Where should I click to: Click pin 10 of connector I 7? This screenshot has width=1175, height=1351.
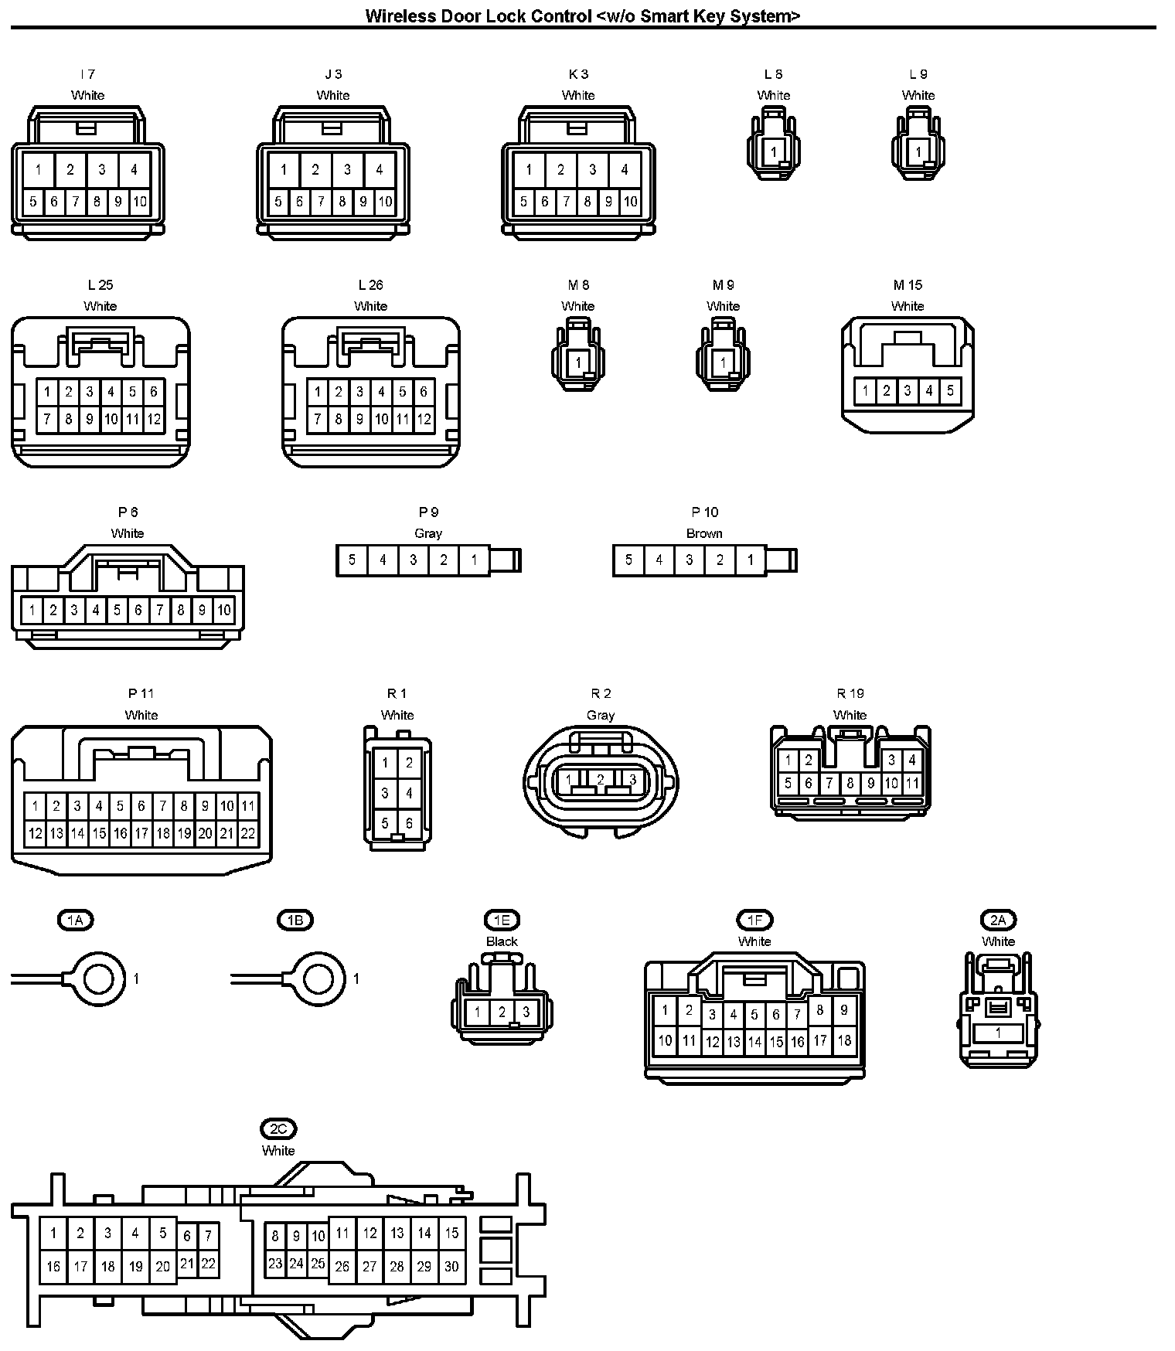(139, 202)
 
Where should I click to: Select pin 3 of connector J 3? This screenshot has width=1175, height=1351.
(347, 170)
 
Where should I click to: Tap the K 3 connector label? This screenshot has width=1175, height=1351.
(578, 74)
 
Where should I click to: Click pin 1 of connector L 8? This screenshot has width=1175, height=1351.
(773, 152)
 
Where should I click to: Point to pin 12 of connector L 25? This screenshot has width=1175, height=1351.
(154, 420)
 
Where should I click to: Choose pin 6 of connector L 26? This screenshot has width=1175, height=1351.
(424, 393)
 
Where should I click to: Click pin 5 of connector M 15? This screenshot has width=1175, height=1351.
(950, 391)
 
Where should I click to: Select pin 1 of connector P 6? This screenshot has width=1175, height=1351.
(32, 611)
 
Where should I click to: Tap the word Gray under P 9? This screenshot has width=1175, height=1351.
(428, 533)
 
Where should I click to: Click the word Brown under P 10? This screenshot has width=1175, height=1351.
(704, 533)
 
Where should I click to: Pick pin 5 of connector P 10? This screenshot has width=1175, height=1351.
(628, 560)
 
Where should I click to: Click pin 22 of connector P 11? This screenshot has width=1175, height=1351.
(248, 834)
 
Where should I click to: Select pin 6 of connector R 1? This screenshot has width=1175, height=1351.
(410, 824)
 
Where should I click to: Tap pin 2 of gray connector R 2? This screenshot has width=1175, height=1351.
(601, 780)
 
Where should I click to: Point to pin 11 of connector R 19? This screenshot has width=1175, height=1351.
(912, 784)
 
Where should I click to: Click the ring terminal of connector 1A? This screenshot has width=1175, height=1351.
(99, 979)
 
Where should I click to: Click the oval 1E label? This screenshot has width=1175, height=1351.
(502, 921)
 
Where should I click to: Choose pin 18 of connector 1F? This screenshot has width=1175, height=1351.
(845, 1040)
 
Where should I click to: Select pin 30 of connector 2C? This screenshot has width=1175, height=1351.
(451, 1267)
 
